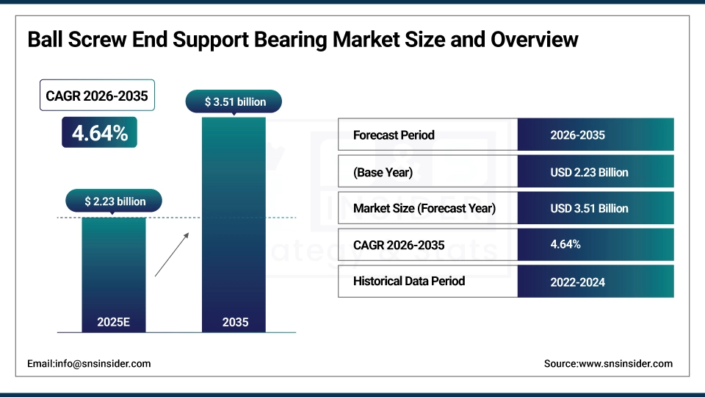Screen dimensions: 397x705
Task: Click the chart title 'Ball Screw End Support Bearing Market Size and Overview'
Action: click(303, 40)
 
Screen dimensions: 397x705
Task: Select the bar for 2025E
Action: click(113, 272)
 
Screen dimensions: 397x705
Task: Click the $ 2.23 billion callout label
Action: click(115, 201)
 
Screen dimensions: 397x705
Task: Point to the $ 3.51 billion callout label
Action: click(235, 101)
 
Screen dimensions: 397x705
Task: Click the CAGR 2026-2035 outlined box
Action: click(97, 96)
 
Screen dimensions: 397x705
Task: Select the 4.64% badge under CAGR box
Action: click(99, 133)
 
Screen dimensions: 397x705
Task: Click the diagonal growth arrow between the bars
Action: click(172, 254)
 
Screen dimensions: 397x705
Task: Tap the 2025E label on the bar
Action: click(113, 322)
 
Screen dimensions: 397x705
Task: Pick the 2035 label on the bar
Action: click(235, 322)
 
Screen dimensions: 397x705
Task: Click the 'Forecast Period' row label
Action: click(394, 135)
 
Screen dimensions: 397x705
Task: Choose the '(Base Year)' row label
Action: click(383, 172)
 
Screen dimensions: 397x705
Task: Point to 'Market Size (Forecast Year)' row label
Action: click(424, 208)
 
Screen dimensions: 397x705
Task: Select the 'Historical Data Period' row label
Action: click(409, 281)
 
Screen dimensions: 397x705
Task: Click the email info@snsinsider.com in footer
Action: click(89, 363)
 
